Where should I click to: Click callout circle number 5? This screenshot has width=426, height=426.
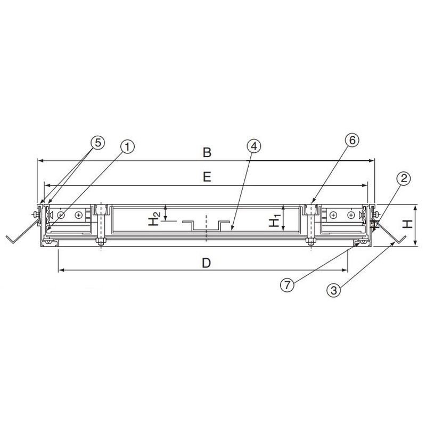[98, 143]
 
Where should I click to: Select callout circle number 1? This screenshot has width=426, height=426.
[127, 147]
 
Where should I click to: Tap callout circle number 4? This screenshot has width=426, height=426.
[254, 146]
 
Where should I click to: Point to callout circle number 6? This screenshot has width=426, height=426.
[352, 141]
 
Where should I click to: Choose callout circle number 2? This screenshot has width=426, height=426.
[404, 178]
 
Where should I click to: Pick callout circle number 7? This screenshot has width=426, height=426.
[287, 285]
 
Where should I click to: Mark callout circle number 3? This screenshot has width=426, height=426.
[334, 290]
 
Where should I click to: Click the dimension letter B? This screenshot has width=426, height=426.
[207, 152]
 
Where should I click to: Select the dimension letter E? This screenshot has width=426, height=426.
[207, 177]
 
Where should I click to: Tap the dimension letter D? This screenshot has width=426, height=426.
[207, 263]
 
